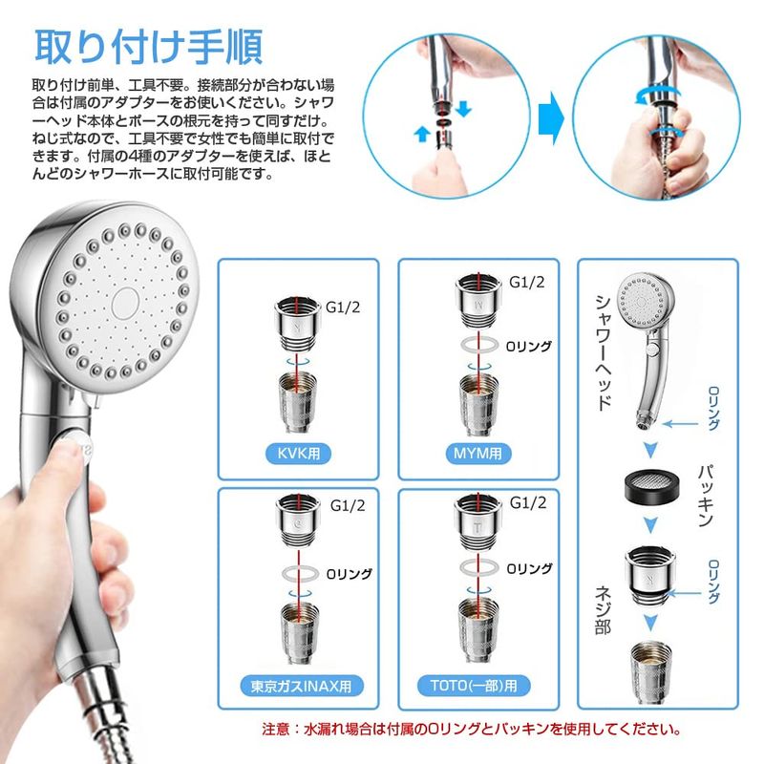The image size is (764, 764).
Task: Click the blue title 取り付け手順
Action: tap(149, 47)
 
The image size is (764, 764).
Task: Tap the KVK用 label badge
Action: tap(298, 454)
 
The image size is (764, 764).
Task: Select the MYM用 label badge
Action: tap(478, 454)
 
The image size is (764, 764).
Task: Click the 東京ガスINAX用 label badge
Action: tap(302, 686)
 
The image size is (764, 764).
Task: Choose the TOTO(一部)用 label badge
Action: tap(474, 686)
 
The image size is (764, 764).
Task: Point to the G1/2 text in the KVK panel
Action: tap(343, 307)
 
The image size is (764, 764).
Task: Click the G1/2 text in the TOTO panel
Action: tap(528, 502)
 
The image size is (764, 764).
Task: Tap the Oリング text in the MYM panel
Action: tap(529, 346)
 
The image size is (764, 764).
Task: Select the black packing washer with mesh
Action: tap(651, 488)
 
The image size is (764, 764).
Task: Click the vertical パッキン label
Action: tap(707, 496)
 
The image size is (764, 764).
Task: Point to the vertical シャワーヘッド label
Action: tap(604, 352)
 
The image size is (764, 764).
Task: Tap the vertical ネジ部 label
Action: tap(604, 610)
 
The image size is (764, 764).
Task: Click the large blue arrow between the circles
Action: tap(551, 118)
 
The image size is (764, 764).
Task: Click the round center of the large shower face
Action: tap(126, 303)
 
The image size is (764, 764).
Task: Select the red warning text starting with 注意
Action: tap(472, 729)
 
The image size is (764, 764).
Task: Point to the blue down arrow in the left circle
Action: tap(463, 109)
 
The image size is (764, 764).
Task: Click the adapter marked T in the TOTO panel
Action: tap(478, 521)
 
